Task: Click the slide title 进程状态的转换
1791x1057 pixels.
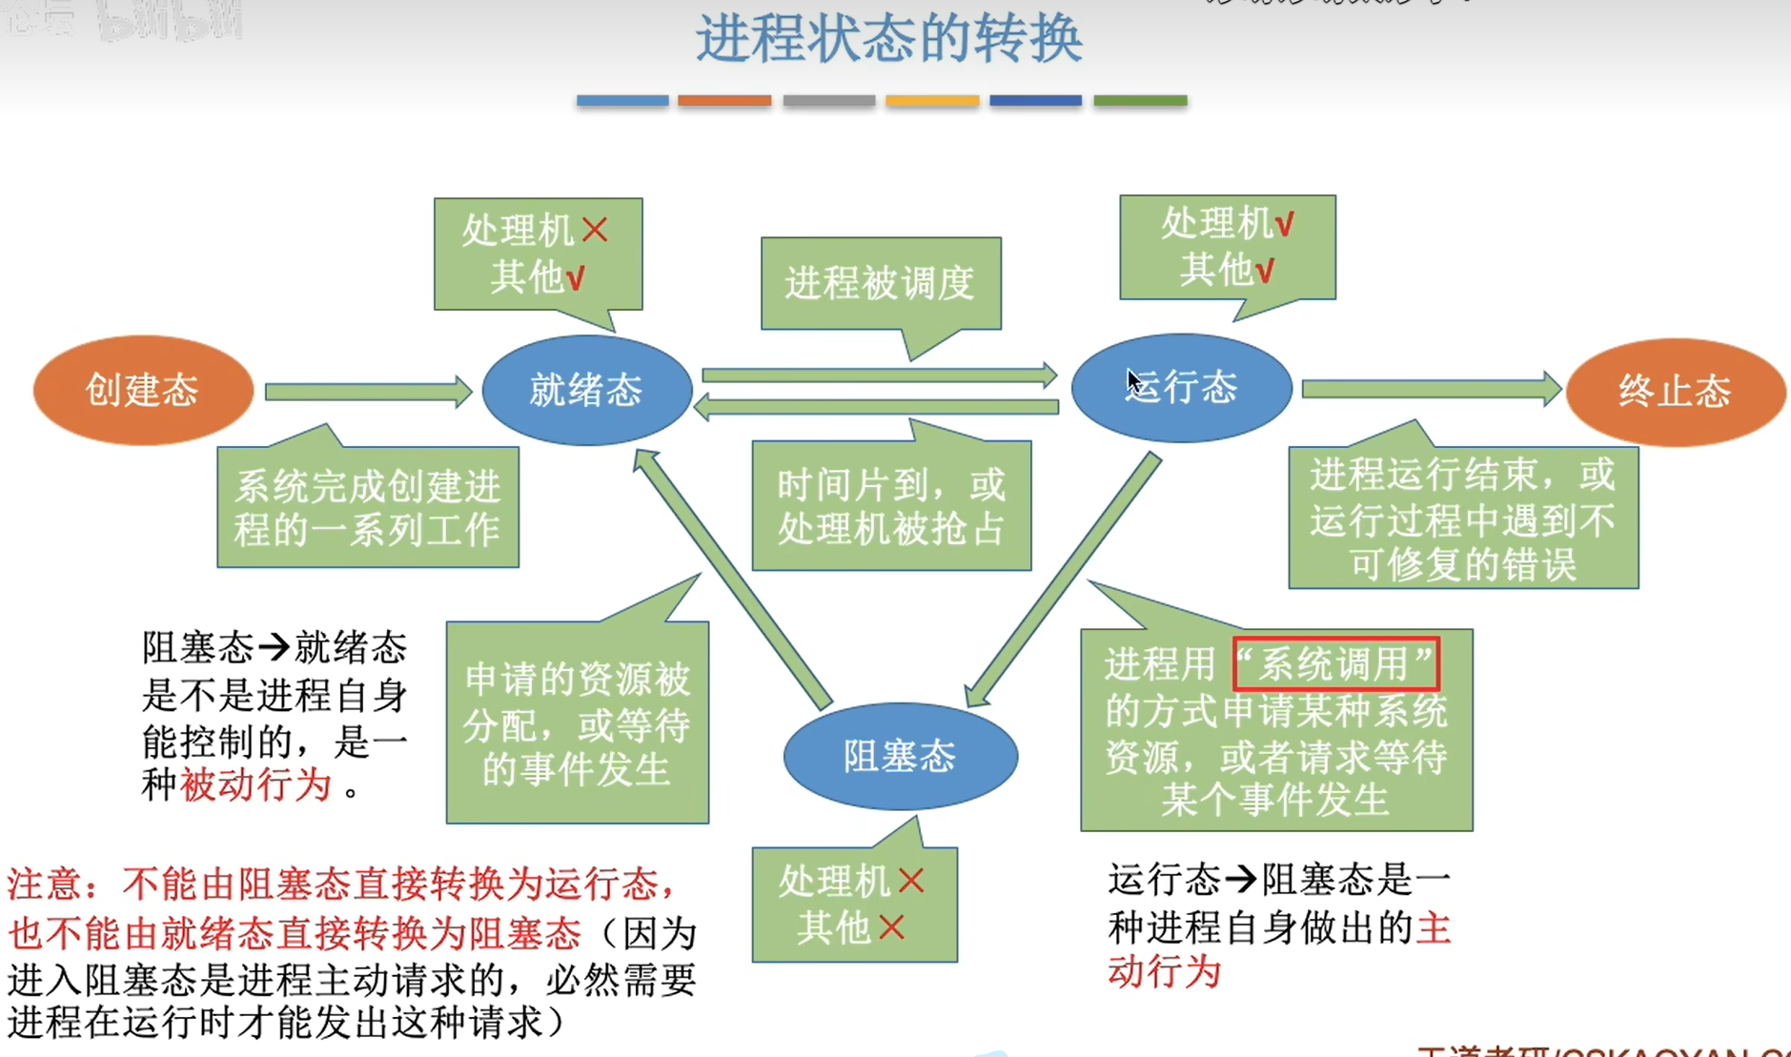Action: pos(888,40)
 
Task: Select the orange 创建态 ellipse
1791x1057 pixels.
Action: pos(143,390)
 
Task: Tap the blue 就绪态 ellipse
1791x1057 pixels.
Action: pos(586,390)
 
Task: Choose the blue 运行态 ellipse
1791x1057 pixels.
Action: pos(1181,388)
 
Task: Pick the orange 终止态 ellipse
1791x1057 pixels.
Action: pos(1675,392)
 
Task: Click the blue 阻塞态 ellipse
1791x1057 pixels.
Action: pos(900,756)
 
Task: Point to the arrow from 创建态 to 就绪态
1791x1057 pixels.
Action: pos(367,392)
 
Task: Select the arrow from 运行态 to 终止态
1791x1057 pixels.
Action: pos(1430,389)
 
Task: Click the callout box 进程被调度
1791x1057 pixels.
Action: pos(880,283)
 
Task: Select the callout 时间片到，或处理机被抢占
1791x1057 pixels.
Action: pos(891,506)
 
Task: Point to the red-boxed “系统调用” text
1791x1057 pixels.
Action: pos(1335,663)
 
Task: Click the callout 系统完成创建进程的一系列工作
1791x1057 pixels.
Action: pos(368,507)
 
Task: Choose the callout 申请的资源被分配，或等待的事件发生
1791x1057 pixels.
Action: pos(577,722)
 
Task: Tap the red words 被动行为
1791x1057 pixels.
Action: pos(255,785)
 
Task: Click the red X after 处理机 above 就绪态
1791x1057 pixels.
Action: pos(595,230)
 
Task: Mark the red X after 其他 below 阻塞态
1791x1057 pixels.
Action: pos(891,926)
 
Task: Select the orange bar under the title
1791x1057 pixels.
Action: pos(724,100)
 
